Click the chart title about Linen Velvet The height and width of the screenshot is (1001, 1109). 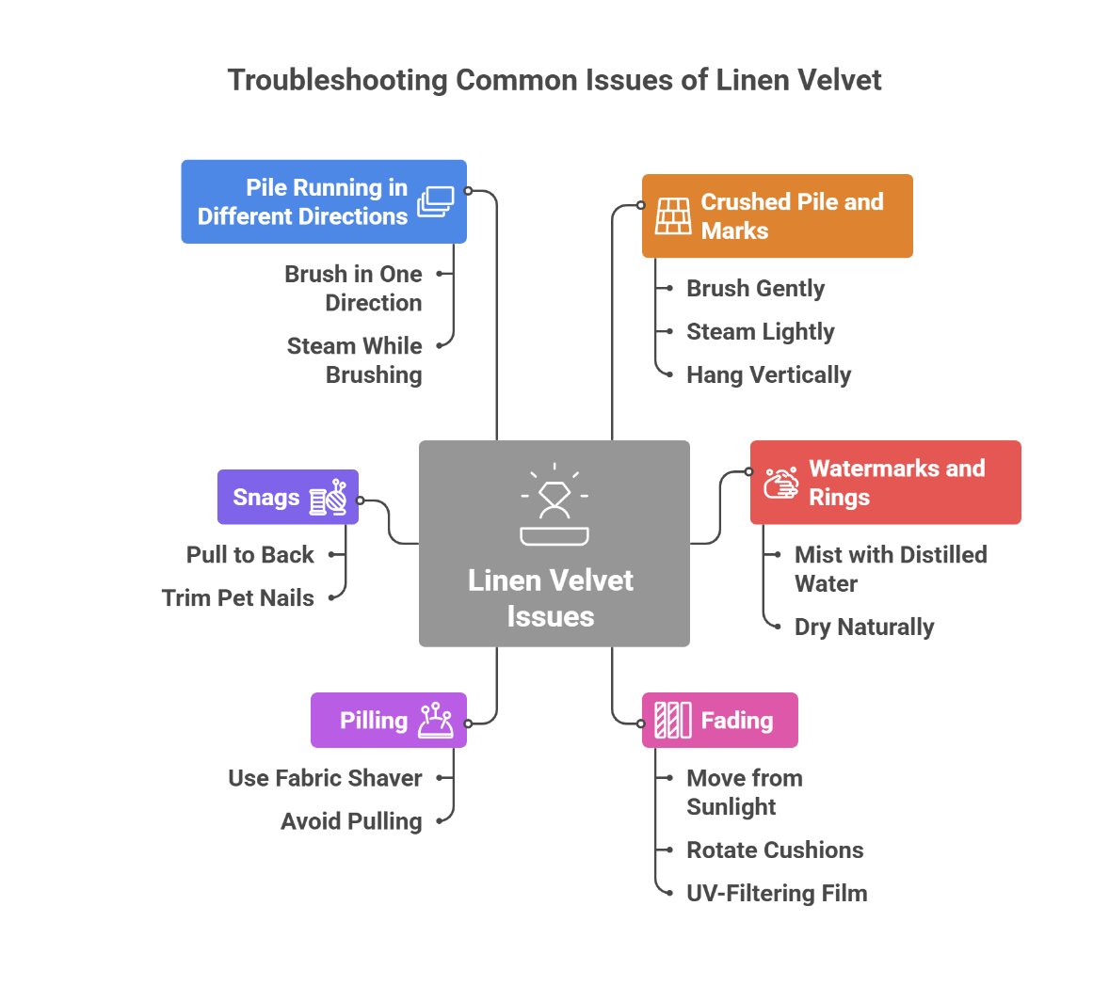coord(554,80)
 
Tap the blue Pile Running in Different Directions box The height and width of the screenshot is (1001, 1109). coord(323,201)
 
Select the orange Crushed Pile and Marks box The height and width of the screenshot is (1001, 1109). coord(777,215)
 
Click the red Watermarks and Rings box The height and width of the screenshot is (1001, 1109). coord(885,482)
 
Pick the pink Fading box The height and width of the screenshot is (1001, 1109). coord(719,721)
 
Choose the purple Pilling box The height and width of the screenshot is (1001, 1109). coord(388,721)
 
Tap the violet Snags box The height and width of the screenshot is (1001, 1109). coord(287,497)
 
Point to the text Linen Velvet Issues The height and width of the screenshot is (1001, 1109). coord(551,598)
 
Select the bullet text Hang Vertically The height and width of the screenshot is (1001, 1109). coord(768,374)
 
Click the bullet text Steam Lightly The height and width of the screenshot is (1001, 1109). coord(760,331)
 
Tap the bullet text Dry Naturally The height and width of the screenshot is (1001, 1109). coord(864,627)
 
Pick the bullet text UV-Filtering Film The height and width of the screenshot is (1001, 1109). coord(777,893)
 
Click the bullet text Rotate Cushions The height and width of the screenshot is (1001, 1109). coord(775,850)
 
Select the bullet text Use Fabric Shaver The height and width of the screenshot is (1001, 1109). coord(325,778)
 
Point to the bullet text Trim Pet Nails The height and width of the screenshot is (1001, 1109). coord(237,597)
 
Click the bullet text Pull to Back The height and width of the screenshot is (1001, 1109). coord(249,554)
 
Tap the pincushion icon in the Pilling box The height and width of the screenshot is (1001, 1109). coord(436,721)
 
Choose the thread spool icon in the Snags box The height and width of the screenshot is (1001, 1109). coord(329,498)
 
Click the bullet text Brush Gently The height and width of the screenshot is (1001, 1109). coord(755,288)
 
